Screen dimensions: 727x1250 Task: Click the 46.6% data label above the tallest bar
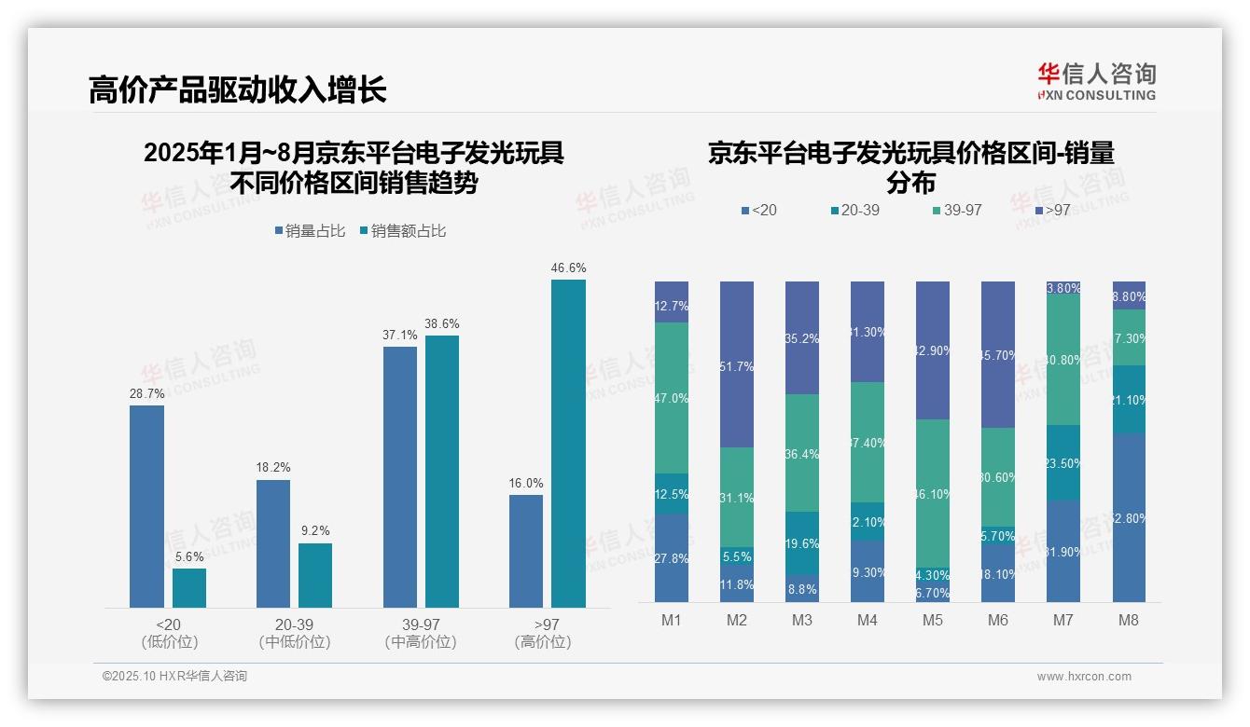pos(568,268)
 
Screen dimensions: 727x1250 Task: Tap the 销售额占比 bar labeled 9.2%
pos(315,575)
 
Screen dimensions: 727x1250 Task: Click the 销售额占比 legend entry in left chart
pos(403,231)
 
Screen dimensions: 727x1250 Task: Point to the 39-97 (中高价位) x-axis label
pos(421,633)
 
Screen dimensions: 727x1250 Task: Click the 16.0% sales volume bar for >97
pos(526,551)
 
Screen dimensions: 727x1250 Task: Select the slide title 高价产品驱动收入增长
pos(237,89)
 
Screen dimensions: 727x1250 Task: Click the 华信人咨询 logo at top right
pos(1096,82)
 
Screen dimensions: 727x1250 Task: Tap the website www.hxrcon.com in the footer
pos(1084,677)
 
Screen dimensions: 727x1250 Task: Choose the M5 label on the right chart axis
pos(933,621)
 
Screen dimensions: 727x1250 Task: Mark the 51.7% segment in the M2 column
pos(737,365)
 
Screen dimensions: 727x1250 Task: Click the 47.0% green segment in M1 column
pos(672,398)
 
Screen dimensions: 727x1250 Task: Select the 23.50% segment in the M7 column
pos(1063,462)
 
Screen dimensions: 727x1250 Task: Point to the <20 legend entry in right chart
pos(758,211)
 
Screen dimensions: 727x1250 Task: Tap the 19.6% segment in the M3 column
pos(802,542)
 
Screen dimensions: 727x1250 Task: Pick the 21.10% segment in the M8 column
pos(1129,399)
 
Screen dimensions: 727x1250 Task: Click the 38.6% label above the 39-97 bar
pos(442,324)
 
